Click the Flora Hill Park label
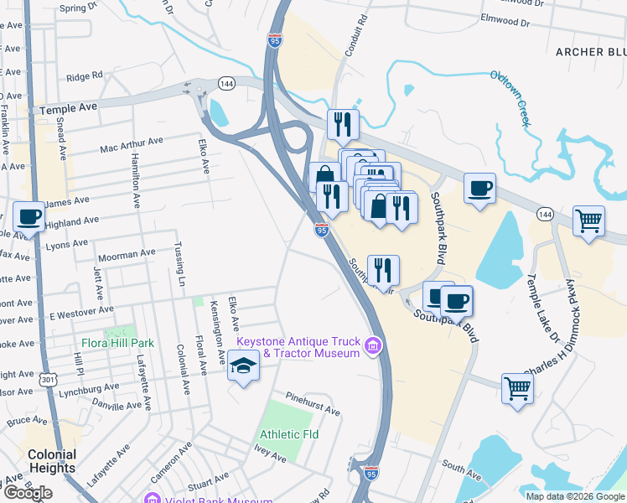click(118, 343)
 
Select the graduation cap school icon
click(243, 366)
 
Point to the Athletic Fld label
click(289, 434)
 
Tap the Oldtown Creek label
click(510, 99)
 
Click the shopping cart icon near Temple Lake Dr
click(589, 221)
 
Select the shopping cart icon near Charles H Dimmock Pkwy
click(518, 388)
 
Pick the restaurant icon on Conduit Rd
click(342, 125)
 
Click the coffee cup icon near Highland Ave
click(29, 216)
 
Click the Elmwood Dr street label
click(506, 19)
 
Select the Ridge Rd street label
click(84, 77)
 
